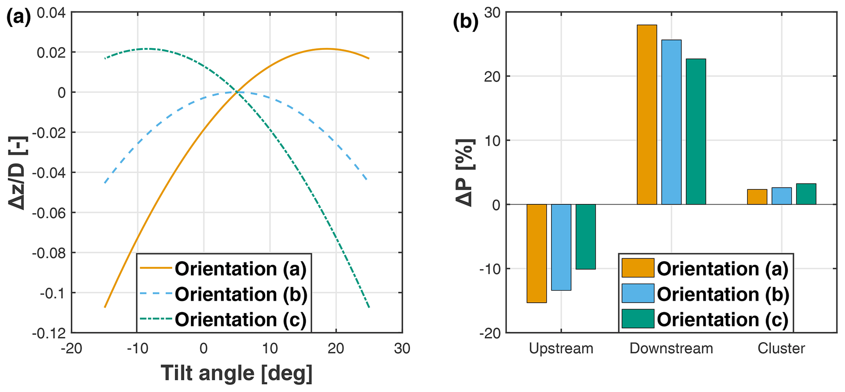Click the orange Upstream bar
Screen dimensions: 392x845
coord(536,253)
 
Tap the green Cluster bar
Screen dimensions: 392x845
coord(806,194)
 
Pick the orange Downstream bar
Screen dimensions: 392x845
coord(647,115)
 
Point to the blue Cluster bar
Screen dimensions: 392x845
coord(781,196)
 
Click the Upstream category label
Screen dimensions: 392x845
coord(561,348)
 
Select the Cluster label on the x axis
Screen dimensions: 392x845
coord(781,348)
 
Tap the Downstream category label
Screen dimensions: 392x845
coord(671,348)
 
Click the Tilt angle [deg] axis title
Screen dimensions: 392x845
coord(237,373)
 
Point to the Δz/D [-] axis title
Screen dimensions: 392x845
coord(17,173)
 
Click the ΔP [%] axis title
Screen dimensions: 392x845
coord(465,173)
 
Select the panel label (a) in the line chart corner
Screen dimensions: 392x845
coord(18,18)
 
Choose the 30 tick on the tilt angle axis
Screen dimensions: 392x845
coord(402,348)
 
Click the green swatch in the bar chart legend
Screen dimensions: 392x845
coord(637,319)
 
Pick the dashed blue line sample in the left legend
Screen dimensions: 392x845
coord(156,294)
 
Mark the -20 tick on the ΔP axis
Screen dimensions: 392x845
coord(490,333)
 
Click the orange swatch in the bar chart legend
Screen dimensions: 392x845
coord(637,268)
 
